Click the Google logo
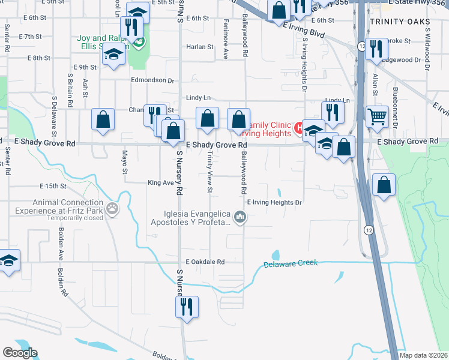20,353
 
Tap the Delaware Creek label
291,264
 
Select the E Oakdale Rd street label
205,262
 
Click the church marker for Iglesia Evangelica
240,217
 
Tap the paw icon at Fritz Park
112,208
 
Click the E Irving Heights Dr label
274,203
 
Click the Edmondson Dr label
153,80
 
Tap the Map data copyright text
424,355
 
